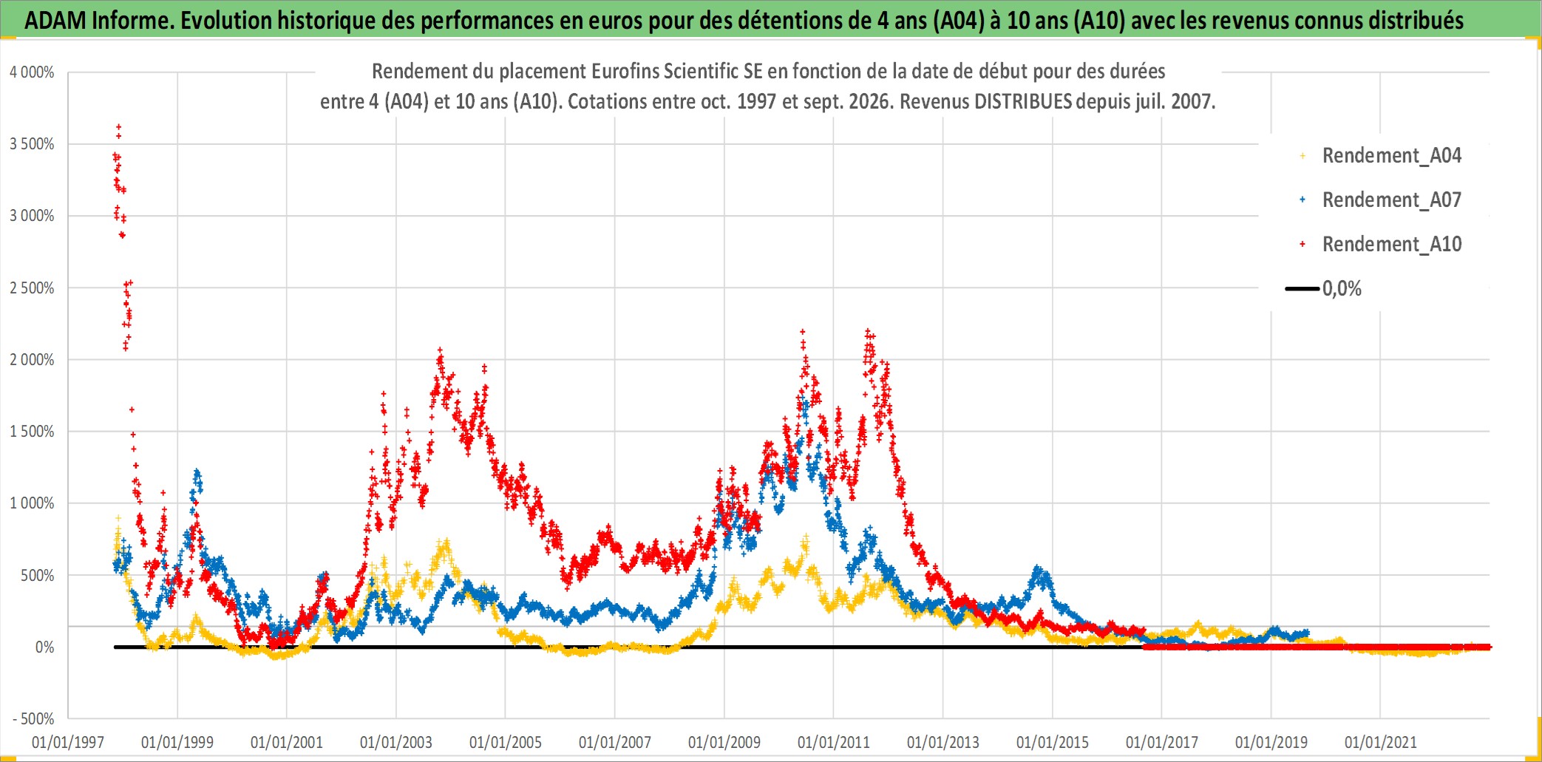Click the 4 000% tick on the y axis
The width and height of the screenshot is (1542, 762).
click(x=32, y=72)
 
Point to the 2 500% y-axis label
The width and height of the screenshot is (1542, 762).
click(x=32, y=288)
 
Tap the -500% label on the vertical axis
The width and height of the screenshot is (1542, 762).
click(x=34, y=719)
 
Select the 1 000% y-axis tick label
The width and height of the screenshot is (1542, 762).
click(x=32, y=503)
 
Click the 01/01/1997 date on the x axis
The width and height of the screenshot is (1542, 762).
click(x=68, y=742)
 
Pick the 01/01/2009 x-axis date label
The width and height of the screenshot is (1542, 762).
click(x=724, y=742)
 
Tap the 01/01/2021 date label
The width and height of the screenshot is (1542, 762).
click(x=1381, y=742)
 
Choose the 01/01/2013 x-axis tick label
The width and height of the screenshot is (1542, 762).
click(x=943, y=742)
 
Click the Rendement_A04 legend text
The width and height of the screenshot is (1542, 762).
click(x=1392, y=156)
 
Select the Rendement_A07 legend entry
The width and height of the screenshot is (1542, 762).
click(x=1392, y=200)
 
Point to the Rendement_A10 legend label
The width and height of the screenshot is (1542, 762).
click(x=1392, y=245)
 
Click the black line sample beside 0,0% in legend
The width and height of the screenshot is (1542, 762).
click(x=1302, y=288)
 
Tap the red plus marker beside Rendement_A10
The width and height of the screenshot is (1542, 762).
click(x=1302, y=244)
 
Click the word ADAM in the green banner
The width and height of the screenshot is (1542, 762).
click(x=55, y=21)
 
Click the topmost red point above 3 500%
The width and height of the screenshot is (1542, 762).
click(x=119, y=127)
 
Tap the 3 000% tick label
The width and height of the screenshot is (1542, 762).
click(x=32, y=216)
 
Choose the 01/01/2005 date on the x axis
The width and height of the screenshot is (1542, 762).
click(x=506, y=742)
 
